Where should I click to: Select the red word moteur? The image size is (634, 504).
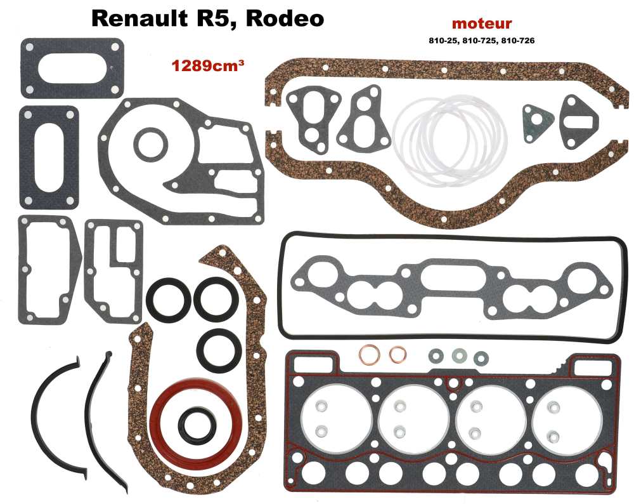(x=482, y=24)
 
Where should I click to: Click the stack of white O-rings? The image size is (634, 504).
(x=450, y=136)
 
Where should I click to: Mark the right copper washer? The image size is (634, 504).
(x=396, y=353)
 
